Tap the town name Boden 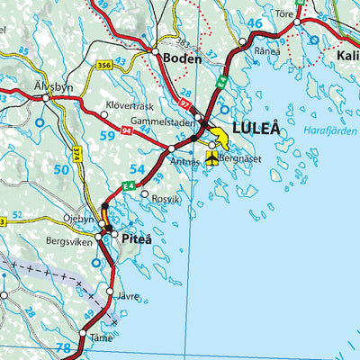(x=183, y=57)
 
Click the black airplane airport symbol (x=212, y=159)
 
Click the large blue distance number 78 (x=63, y=348)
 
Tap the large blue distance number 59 (x=107, y=137)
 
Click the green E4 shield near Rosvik (x=130, y=185)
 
